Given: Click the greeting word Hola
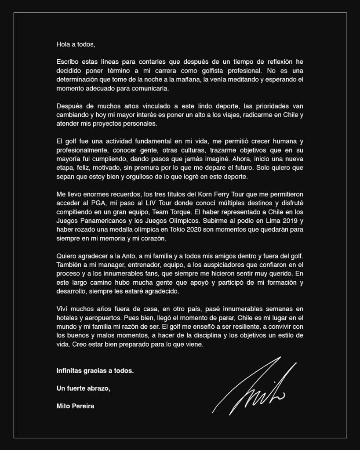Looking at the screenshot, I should click(x=63, y=44).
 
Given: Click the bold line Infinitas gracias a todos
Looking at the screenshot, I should click(x=95, y=370).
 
